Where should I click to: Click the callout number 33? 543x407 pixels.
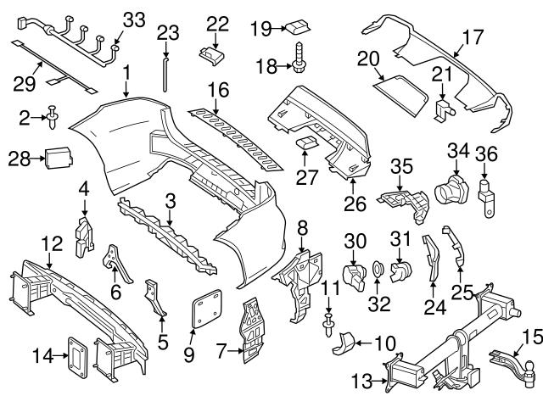coord(133,19)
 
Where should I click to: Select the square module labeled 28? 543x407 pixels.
coord(59,157)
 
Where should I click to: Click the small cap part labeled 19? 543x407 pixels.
coord(299,29)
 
